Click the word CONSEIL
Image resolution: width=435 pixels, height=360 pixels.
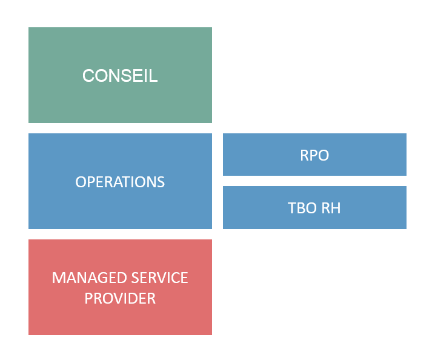pos(120,76)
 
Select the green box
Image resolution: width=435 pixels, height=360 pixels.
pos(120,75)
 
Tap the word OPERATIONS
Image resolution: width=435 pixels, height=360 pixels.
pos(120,182)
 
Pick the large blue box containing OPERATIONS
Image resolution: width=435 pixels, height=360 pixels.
pos(120,181)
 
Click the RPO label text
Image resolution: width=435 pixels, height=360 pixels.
pos(314,155)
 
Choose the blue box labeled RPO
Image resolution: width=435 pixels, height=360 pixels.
pos(314,155)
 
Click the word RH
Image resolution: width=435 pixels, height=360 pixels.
pos(331,208)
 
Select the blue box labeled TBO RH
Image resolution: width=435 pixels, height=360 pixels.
pos(314,208)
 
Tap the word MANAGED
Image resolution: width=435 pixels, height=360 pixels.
pos(90,278)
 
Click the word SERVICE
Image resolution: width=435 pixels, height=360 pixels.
pos(160,278)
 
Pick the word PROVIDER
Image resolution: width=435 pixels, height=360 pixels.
pos(120,298)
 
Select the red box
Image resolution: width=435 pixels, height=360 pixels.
pos(120,287)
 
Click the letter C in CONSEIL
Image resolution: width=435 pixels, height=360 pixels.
pos(88,76)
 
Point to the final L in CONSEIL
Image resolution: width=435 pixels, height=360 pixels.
pos(154,76)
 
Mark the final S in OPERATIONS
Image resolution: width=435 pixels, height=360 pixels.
pos(161,182)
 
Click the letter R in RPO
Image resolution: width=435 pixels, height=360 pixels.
pos(304,155)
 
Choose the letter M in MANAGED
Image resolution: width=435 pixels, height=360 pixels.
pos(58,278)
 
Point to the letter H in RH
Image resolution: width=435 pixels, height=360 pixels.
pos(336,208)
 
